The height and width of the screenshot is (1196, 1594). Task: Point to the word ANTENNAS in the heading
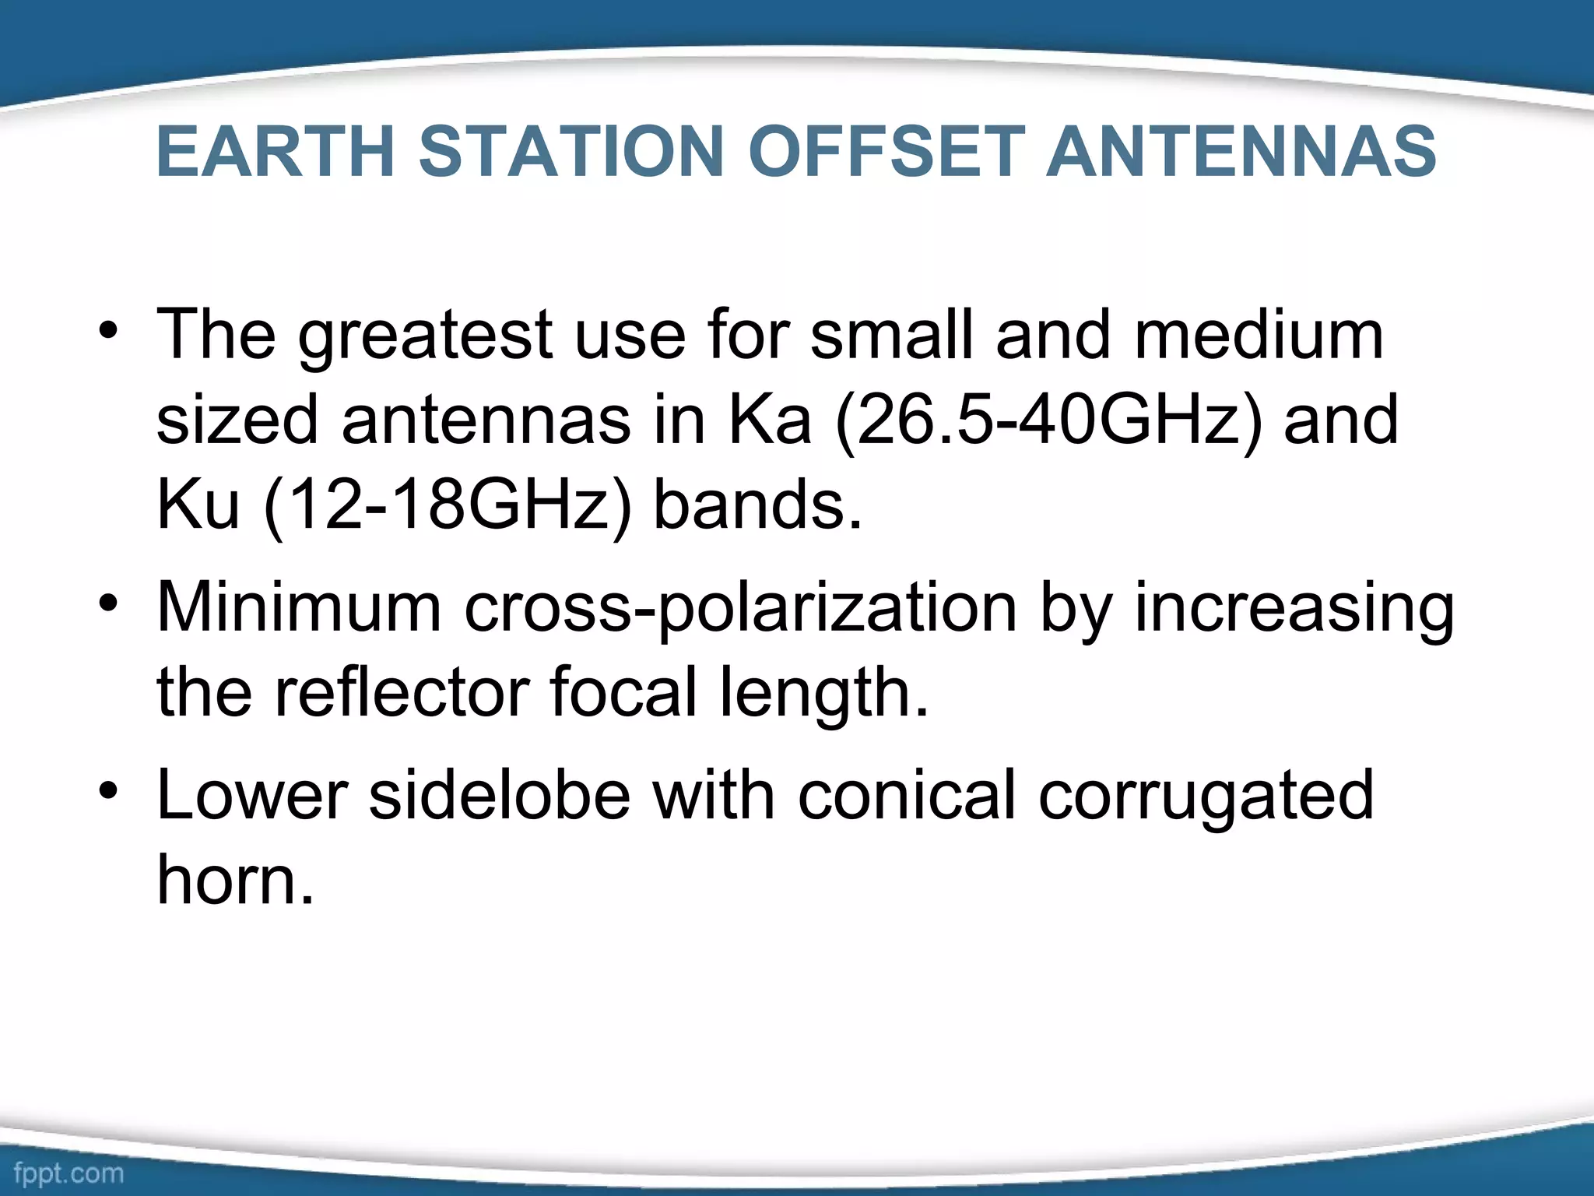1241,152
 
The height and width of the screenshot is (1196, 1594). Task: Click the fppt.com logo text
68,1173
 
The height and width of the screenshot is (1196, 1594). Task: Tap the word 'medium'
1259,335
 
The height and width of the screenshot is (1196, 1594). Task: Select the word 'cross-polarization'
740,609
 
